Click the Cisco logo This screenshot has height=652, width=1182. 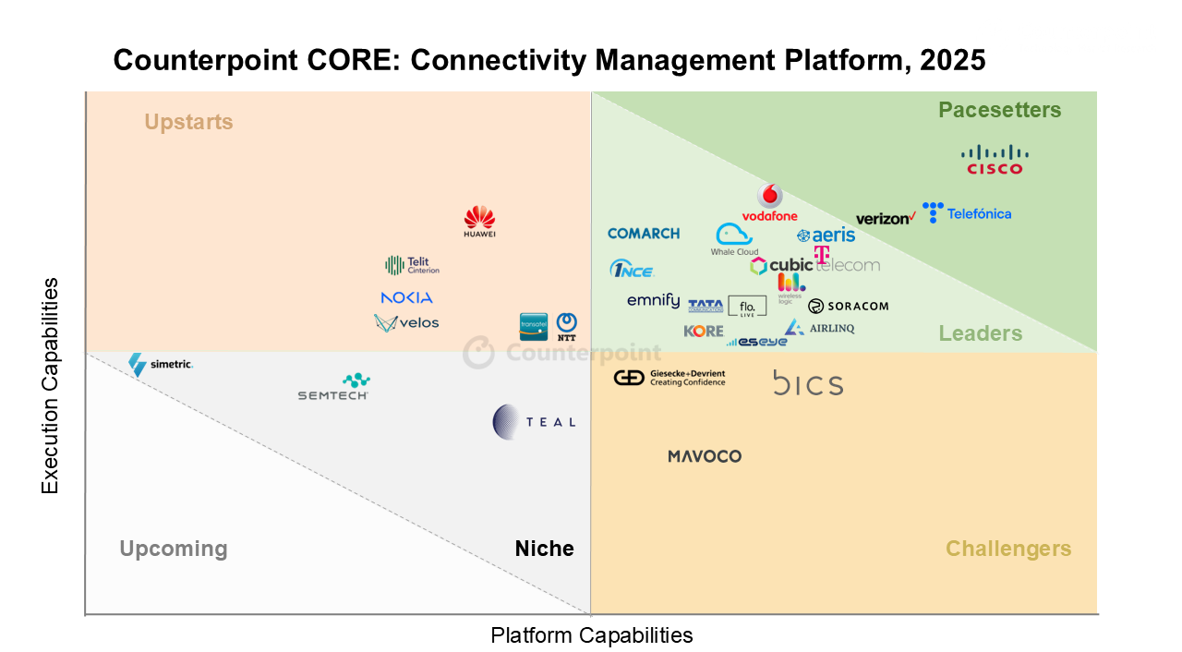tap(995, 160)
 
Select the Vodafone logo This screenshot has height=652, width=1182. tap(769, 203)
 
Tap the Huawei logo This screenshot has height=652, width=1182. tap(479, 222)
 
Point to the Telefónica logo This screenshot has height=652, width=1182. tap(967, 213)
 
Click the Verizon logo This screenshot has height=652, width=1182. tap(886, 219)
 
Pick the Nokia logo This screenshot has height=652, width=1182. tap(406, 297)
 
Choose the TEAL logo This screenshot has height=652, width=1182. tap(534, 421)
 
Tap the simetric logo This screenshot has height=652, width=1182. tap(161, 364)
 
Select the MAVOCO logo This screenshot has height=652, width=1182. tap(705, 456)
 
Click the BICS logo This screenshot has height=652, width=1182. tap(808, 383)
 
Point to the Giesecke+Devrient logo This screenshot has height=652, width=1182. tap(669, 378)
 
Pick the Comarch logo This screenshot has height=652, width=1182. tap(644, 234)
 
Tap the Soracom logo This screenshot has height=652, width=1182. tap(848, 306)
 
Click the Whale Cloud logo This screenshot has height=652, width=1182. tap(735, 239)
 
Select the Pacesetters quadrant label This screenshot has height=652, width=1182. tap(999, 111)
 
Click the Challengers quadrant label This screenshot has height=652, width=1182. tap(1007, 549)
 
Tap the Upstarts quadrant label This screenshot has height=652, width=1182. tap(188, 122)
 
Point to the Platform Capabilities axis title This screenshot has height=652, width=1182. tap(591, 635)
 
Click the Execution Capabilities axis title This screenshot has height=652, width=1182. tap(50, 386)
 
